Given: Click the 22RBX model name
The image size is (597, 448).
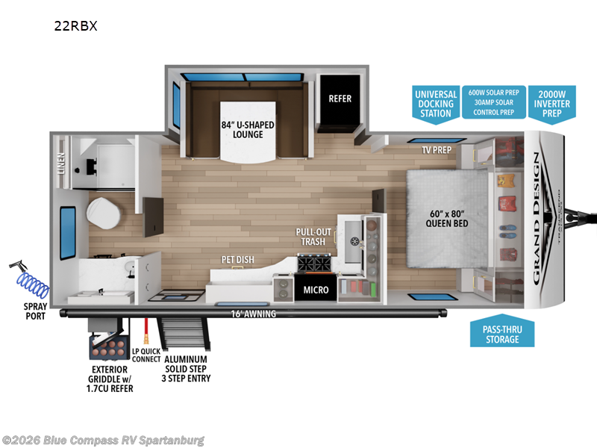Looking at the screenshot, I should click(x=75, y=26).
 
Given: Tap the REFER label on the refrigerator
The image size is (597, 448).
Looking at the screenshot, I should click(x=340, y=99).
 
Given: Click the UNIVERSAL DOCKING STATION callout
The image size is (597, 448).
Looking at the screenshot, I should click(x=436, y=104).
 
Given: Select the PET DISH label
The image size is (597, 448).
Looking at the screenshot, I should click(x=237, y=260).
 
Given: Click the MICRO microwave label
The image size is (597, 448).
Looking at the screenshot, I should click(x=315, y=290).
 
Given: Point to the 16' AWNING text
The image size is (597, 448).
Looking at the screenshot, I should click(x=253, y=314).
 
